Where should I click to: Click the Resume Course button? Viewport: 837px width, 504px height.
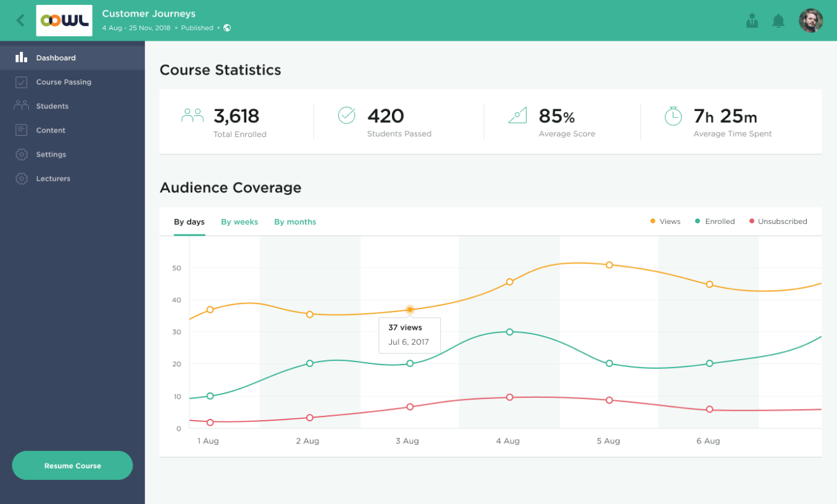click(x=72, y=466)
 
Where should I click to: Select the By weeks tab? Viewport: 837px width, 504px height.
click(x=239, y=222)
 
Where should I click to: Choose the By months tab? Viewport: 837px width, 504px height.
click(x=295, y=222)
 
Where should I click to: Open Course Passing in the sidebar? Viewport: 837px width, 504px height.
click(x=63, y=82)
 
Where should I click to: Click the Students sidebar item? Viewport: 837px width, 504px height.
click(x=52, y=106)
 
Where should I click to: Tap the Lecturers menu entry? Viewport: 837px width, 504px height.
click(x=53, y=179)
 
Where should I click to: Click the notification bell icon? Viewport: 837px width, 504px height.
click(x=778, y=21)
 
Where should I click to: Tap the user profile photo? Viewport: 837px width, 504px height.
click(x=810, y=21)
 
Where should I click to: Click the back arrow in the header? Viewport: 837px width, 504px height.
click(x=20, y=20)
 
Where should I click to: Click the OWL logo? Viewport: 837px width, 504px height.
click(x=64, y=21)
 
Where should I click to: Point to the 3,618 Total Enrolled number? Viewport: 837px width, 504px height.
click(x=236, y=116)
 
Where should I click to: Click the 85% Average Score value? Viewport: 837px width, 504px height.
click(x=556, y=116)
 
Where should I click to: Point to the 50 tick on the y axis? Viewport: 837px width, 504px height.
click(x=177, y=268)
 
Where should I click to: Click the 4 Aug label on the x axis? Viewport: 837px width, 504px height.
click(x=507, y=441)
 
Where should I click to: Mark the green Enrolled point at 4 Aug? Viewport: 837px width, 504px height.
click(x=510, y=332)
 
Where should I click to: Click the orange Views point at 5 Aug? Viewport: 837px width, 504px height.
click(x=609, y=265)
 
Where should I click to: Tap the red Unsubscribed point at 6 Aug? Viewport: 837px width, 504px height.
click(x=709, y=410)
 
